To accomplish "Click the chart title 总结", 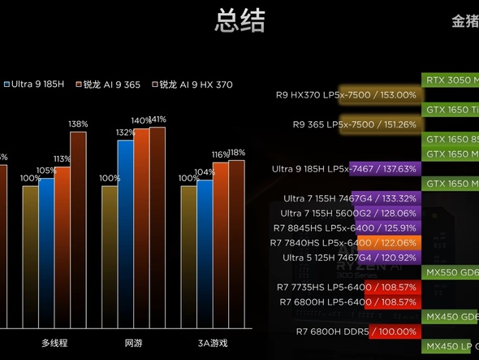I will (239, 21).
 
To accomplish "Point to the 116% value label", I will (220, 154).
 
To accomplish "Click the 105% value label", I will (46, 171).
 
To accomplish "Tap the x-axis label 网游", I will (133, 343).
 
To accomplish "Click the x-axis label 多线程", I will (54, 343).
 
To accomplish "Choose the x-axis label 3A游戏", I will (213, 343).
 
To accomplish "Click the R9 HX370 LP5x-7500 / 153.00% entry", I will (347, 95).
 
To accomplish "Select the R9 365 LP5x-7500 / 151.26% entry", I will (355, 124).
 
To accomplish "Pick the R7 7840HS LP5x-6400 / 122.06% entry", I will (345, 243).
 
